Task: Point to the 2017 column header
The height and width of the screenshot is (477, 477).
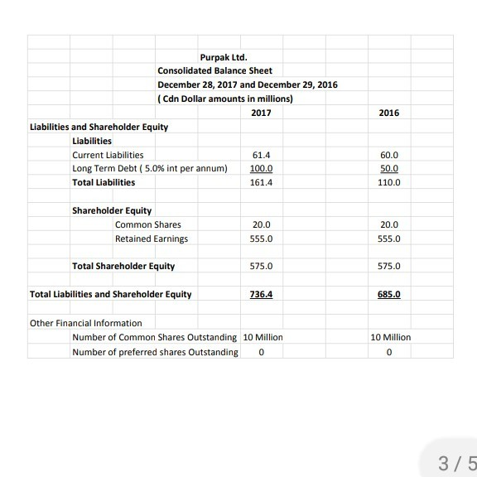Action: click(x=261, y=113)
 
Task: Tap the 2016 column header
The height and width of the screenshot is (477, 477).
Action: click(x=388, y=113)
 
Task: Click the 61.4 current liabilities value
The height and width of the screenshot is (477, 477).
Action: click(x=261, y=155)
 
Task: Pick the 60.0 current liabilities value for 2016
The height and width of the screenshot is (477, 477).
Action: click(x=388, y=155)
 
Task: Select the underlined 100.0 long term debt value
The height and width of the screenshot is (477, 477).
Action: click(x=261, y=168)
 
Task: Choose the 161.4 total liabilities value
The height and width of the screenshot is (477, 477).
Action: click(x=261, y=182)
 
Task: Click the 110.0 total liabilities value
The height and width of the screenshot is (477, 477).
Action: click(x=388, y=182)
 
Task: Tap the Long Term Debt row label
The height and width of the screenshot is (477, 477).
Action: click(x=149, y=168)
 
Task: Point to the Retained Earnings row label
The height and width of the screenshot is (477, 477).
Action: click(x=152, y=238)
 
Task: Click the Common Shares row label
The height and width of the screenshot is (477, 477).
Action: click(x=147, y=224)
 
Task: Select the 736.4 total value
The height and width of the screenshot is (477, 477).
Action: click(x=261, y=294)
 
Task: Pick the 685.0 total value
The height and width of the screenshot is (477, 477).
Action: click(x=388, y=294)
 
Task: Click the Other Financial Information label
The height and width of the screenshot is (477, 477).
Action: click(x=85, y=322)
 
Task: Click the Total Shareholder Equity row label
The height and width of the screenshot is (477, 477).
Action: click(x=123, y=266)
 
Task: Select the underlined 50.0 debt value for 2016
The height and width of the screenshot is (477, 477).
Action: click(x=388, y=168)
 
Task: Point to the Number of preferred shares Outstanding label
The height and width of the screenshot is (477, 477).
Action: click(x=155, y=352)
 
